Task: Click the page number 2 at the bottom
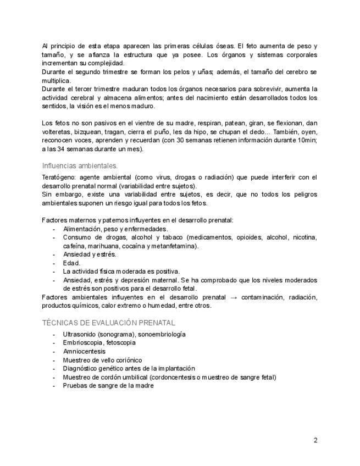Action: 315,440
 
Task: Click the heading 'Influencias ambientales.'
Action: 80,165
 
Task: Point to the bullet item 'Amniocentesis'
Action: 84,351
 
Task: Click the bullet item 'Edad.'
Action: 71,263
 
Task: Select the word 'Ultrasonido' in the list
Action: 80,334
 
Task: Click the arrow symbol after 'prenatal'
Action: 234,297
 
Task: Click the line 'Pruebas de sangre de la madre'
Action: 108,386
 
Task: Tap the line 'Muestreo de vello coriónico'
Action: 102,360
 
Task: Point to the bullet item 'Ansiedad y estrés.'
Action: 90,254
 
